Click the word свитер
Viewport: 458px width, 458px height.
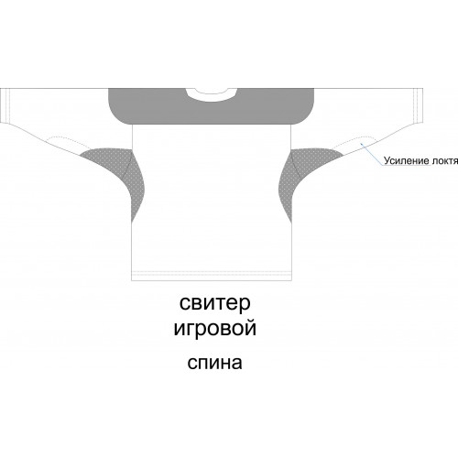tap(214, 304)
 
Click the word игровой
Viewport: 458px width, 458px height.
tap(214, 329)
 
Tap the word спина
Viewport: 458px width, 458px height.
tap(214, 364)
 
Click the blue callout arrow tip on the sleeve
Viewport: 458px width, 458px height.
tap(361, 142)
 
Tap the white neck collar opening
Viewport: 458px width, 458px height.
tap(212, 93)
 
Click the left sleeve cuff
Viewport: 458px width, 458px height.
tap(5, 105)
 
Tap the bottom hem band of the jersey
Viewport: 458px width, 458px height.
tap(212, 276)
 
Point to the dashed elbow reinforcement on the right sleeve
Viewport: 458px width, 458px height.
tap(355, 142)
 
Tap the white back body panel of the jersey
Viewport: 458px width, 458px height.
tap(212, 199)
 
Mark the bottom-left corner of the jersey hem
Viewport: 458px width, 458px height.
tap(132, 280)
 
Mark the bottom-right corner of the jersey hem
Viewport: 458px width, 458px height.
tap(291, 280)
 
